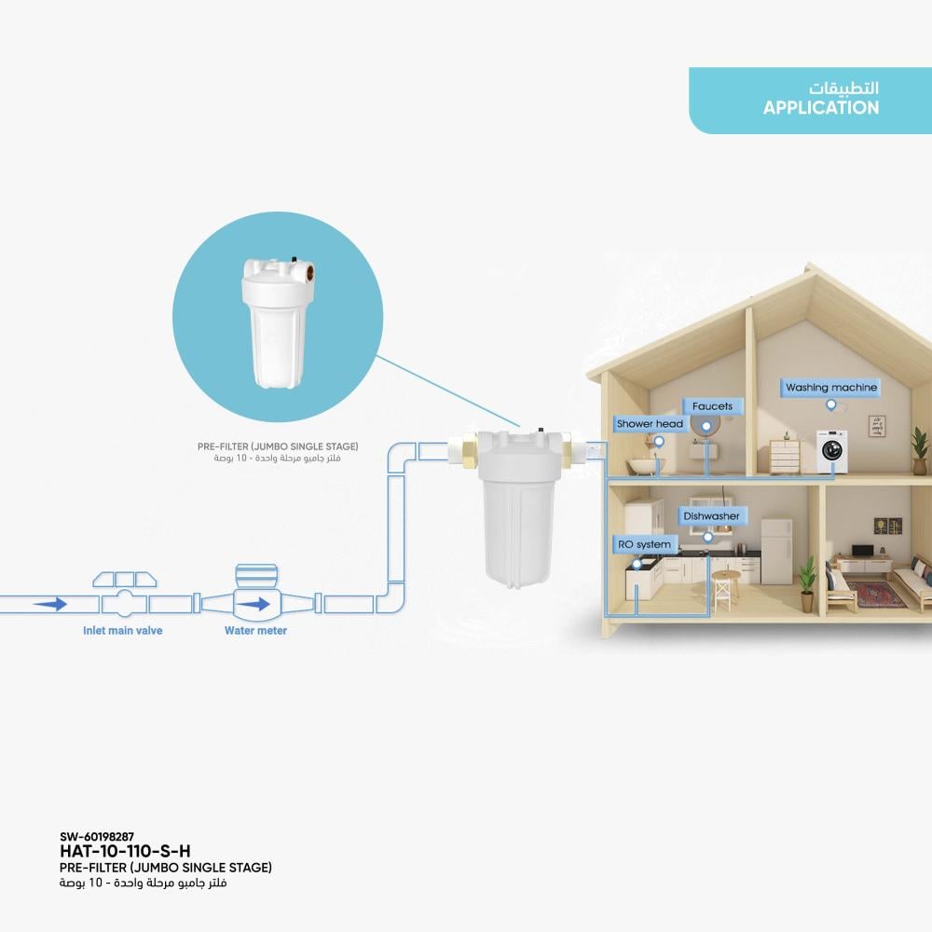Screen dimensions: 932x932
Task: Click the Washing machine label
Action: coord(831,388)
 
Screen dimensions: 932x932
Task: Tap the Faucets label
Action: coord(713,406)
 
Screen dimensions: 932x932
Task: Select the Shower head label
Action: coord(650,424)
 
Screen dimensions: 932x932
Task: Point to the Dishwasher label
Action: coord(711,516)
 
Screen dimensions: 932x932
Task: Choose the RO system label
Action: coord(644,544)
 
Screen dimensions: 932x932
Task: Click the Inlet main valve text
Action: coord(122,631)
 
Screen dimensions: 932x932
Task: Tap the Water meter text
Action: coord(255,631)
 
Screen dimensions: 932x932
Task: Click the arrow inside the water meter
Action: coord(254,605)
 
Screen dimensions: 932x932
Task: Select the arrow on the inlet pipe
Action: coord(50,605)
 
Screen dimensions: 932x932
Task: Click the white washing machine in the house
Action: coord(831,451)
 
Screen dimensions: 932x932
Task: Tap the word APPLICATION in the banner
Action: coord(821,107)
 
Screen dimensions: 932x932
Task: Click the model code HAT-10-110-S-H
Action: coord(125,851)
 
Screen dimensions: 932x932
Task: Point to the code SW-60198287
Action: coord(96,836)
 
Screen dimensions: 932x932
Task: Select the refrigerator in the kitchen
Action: coord(776,552)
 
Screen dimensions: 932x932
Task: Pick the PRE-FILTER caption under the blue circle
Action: coord(278,446)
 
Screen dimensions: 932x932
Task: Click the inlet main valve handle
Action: coord(125,579)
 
